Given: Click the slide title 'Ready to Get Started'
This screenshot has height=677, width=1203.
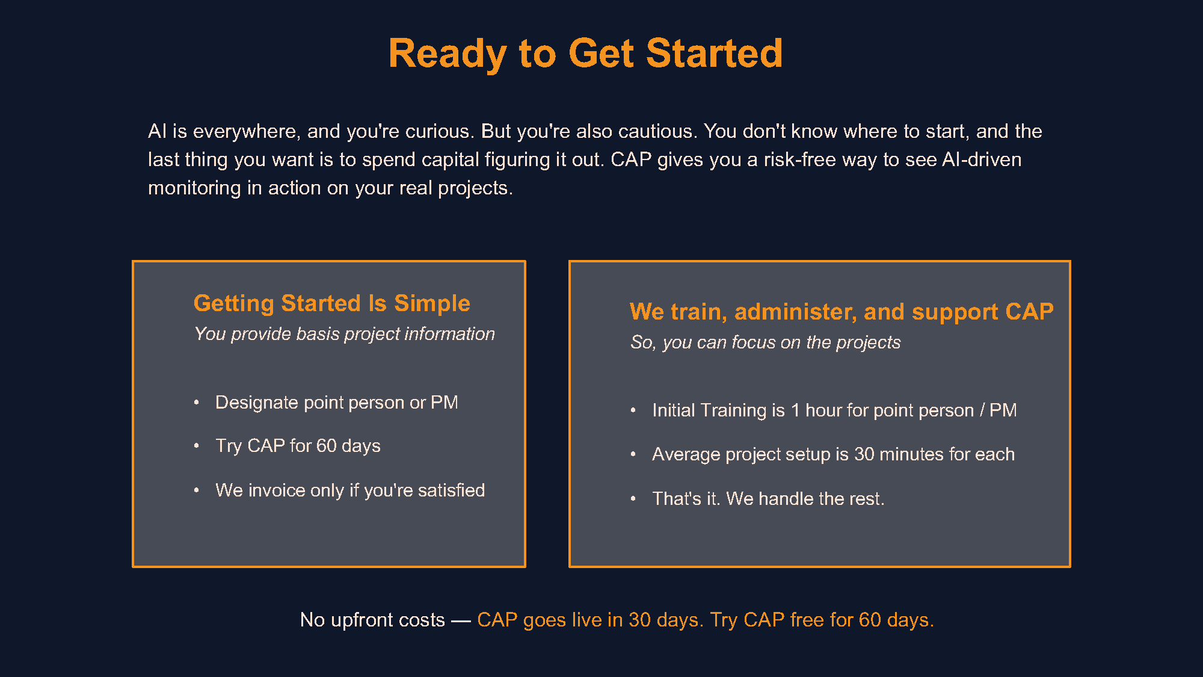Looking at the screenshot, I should click(585, 54).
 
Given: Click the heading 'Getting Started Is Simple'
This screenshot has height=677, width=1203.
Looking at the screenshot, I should click(331, 303).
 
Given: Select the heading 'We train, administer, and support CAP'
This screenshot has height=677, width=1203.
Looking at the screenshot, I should click(841, 312).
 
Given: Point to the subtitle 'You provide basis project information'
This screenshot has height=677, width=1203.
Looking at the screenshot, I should click(344, 334).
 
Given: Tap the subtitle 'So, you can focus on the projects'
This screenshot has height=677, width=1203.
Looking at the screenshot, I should click(765, 342).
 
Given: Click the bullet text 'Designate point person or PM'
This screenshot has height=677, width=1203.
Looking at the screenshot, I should click(336, 403).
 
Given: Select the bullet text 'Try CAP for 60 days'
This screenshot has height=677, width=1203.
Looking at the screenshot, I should click(298, 446).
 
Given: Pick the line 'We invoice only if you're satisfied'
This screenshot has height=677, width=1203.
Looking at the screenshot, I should click(350, 490).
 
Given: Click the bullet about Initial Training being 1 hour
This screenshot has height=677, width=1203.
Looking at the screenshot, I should click(834, 410).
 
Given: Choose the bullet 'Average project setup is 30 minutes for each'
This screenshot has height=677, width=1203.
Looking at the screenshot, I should click(833, 454).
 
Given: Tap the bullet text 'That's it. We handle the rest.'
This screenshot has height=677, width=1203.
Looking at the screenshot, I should click(768, 499).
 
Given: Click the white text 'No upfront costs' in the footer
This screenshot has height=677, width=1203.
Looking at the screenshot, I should click(372, 620).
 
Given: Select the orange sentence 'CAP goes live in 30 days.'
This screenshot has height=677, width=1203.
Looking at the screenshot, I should click(590, 620).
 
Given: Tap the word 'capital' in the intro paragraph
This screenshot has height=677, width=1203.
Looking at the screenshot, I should click(450, 159).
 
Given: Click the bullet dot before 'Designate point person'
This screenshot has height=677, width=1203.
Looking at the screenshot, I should click(197, 402).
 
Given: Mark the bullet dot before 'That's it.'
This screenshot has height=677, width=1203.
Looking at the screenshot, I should click(633, 498).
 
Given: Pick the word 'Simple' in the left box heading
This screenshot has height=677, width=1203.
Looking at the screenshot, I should click(432, 303).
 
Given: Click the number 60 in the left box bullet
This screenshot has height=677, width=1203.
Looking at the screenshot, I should click(326, 446).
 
